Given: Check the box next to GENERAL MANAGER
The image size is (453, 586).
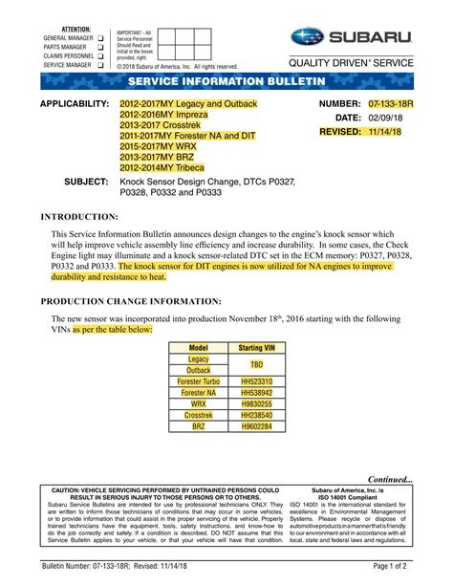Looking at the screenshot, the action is point(98,38).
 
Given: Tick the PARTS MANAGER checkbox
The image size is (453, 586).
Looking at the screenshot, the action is point(98,47).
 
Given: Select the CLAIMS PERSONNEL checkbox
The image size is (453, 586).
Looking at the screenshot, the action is point(98,56).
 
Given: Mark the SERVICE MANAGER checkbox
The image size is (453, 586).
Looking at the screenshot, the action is point(98,65).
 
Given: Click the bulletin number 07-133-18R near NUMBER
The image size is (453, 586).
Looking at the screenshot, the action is point(389,102).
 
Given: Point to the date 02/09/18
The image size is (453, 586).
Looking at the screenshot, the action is point(385,117).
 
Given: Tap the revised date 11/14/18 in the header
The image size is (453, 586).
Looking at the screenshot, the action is point(386,131).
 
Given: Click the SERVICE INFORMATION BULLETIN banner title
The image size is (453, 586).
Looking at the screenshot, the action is point(226,84).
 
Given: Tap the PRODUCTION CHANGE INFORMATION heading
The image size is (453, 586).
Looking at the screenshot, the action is point(130,300).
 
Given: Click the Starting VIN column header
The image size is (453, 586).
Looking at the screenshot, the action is point(257,348).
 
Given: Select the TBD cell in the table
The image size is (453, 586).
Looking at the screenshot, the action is point(257,364).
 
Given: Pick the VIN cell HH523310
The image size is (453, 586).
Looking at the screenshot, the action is point(257,381).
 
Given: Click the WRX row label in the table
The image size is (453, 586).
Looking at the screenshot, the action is point(199,403).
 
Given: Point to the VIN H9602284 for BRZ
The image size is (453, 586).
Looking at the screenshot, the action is point(257,426).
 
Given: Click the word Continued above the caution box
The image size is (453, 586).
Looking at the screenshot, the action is point(390,479).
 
